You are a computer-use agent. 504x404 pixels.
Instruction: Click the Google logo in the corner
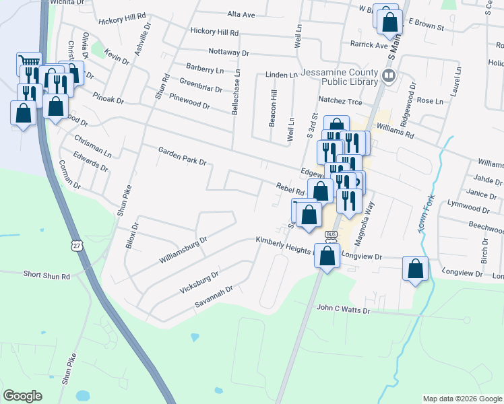(22, 396)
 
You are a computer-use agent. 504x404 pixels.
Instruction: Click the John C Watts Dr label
(343, 310)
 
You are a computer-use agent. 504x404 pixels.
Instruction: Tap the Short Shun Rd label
(46, 276)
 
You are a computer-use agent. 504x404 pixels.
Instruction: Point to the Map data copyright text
(462, 399)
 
